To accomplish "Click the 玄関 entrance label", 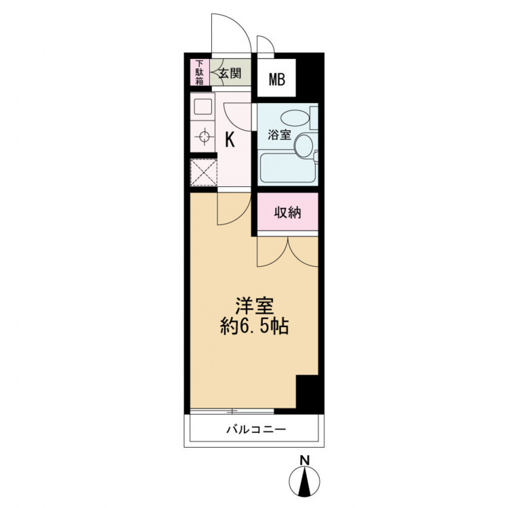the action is click(230, 73).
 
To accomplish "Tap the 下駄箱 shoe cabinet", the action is click(200, 72).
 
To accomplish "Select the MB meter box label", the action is click(277, 79).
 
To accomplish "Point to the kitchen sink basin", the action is click(203, 106).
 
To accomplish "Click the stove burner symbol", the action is click(205, 136).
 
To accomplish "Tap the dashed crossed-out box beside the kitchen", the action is click(203, 173).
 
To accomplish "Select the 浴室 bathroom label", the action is click(279, 135).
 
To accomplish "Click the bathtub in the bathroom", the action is click(288, 168).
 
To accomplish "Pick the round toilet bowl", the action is click(304, 146).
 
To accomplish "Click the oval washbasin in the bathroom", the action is click(295, 118).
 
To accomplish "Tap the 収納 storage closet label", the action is click(288, 213).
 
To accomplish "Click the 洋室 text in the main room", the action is click(255, 305).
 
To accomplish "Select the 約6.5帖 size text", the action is click(255, 326).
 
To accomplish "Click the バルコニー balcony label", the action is click(256, 429).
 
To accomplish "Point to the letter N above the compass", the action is click(304, 460).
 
